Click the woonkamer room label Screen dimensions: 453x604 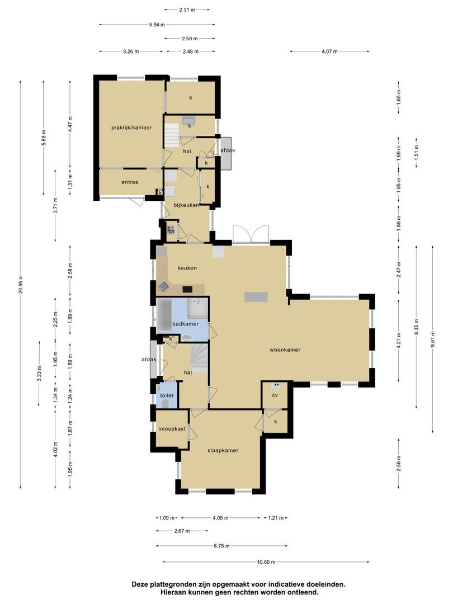(285, 350)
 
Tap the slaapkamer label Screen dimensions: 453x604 (223, 450)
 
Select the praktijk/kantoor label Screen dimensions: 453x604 (131, 128)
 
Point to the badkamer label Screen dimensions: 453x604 (185, 324)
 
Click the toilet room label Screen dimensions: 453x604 (167, 395)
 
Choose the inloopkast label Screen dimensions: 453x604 (172, 429)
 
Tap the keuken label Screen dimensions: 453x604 (187, 268)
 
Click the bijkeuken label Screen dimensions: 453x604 (186, 205)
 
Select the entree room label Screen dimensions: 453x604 (130, 182)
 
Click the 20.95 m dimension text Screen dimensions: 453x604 (21, 284)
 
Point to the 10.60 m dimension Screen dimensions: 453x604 (266, 562)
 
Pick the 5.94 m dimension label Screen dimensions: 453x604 (157, 25)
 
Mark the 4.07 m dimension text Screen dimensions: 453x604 (330, 51)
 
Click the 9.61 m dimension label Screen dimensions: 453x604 (433, 339)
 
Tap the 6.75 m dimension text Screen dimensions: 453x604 (221, 546)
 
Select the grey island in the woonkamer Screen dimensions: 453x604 (256, 297)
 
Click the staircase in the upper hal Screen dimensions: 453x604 (172, 135)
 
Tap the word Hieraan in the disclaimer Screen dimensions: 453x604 (174, 592)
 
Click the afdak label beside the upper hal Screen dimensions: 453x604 (228, 150)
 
